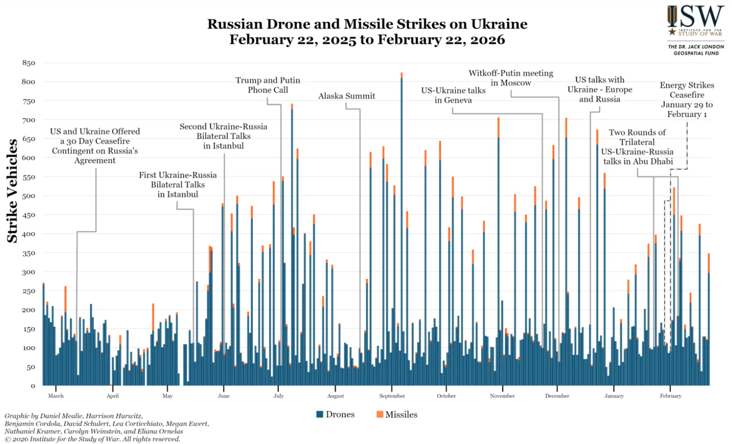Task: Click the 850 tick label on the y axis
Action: tap(28, 63)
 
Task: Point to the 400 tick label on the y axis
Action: tap(28, 234)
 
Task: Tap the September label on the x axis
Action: tap(392, 396)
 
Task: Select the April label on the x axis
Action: tap(112, 396)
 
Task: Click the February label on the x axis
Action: tap(670, 396)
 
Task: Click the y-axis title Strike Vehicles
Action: tap(12, 191)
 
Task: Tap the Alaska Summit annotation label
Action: tap(346, 96)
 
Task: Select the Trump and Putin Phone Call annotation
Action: tap(268, 85)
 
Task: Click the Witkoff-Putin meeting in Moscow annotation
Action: tap(511, 78)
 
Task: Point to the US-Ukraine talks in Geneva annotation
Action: tap(453, 95)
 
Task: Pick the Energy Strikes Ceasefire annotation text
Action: tap(687, 99)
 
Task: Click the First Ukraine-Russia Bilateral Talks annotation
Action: tap(177, 185)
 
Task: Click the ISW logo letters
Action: tap(696, 17)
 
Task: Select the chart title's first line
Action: tap(367, 24)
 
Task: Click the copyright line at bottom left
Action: tap(93, 439)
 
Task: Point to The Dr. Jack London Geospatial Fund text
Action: tap(696, 50)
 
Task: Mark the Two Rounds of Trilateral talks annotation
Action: tap(637, 147)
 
